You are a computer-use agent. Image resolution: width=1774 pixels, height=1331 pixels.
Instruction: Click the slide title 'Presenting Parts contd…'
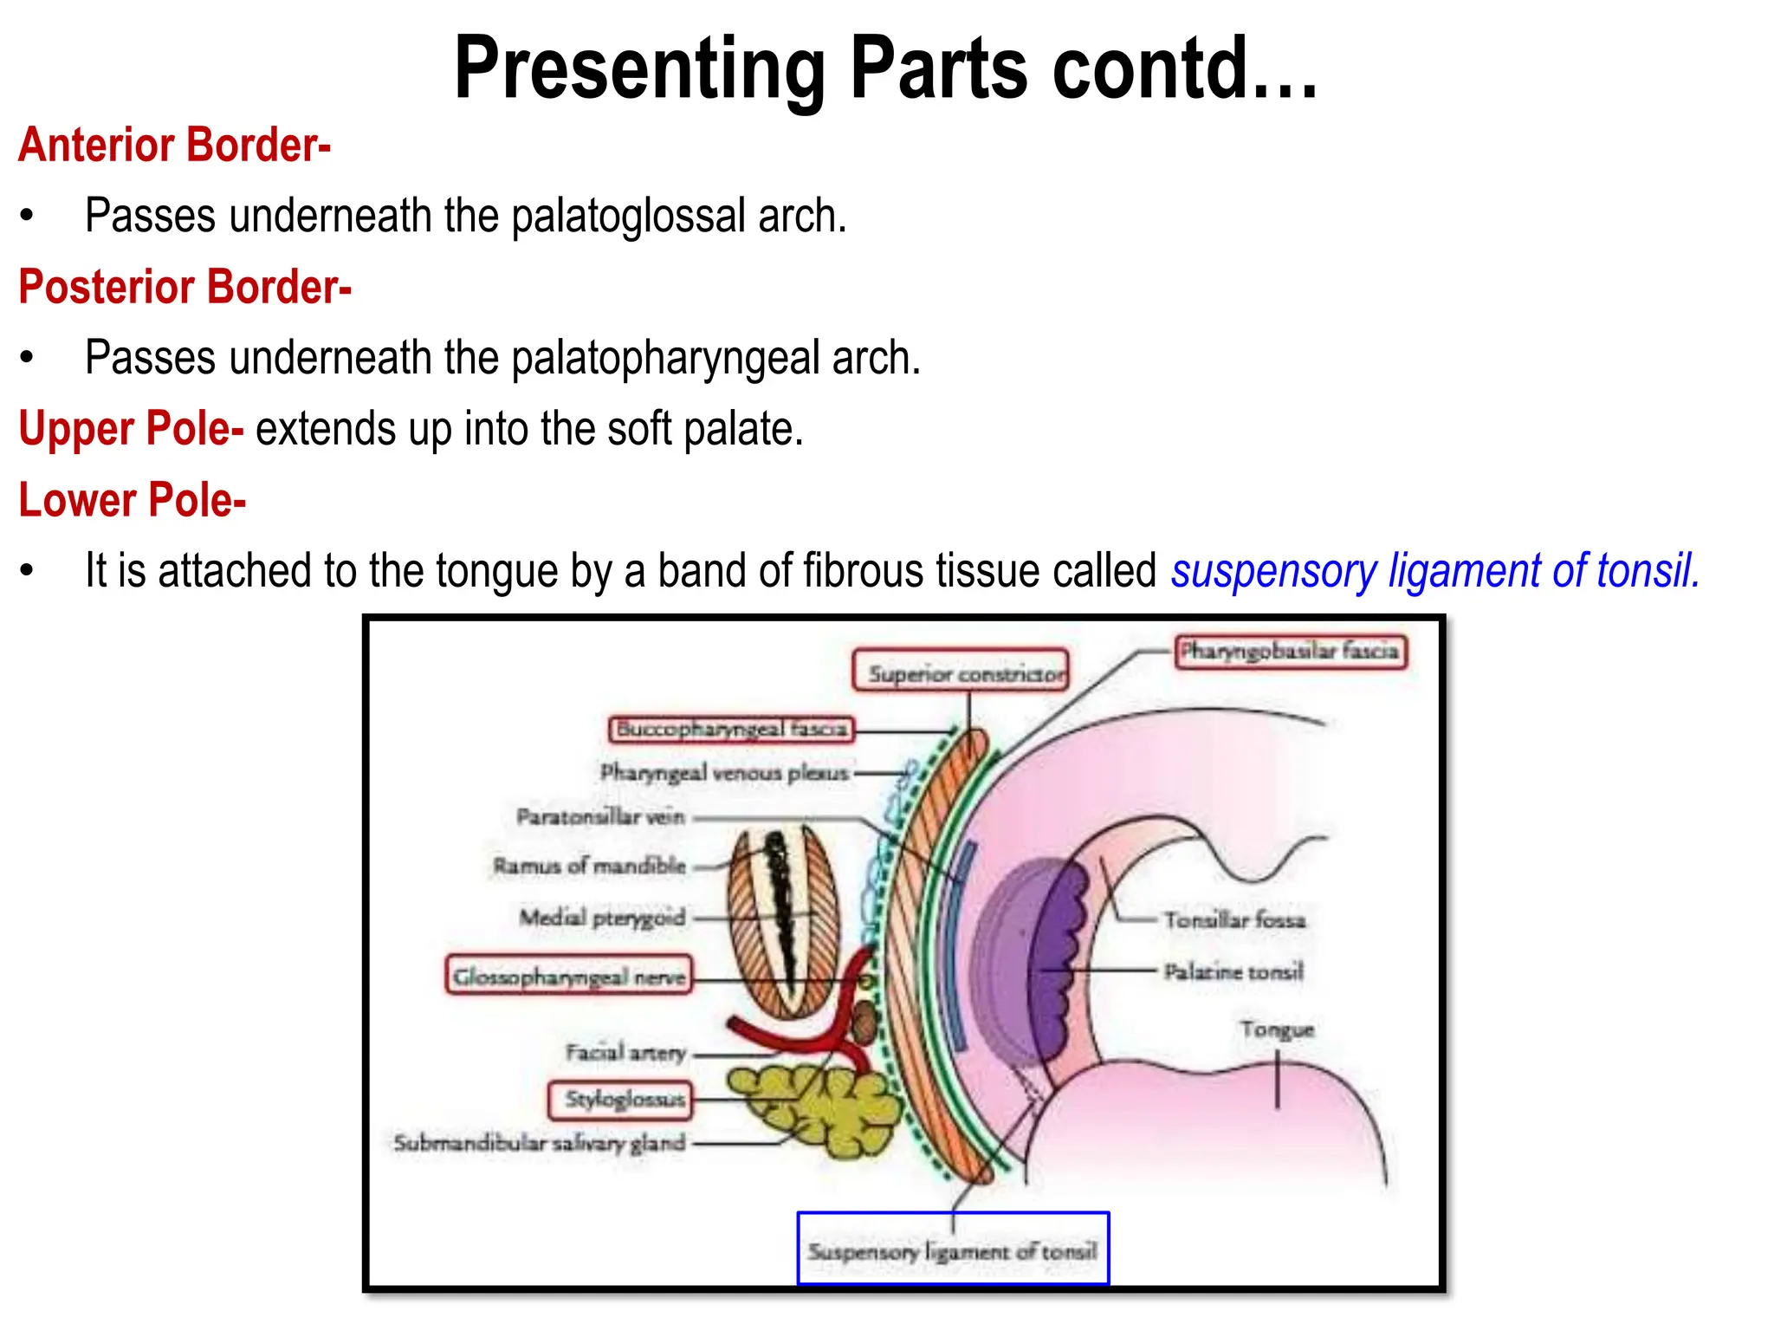885,69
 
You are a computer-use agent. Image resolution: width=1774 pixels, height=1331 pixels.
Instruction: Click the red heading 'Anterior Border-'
174,145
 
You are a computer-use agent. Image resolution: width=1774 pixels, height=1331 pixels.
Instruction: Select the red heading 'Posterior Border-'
185,287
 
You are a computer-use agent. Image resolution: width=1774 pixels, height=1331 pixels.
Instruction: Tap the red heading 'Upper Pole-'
131,429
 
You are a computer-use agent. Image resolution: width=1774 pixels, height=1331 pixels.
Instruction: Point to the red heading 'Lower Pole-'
133,500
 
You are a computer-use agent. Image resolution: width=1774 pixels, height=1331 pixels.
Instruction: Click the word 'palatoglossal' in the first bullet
627,216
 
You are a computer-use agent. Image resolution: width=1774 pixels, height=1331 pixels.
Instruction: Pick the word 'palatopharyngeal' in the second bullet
664,358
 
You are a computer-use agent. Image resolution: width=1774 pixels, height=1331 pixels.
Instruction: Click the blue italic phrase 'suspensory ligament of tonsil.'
1435,571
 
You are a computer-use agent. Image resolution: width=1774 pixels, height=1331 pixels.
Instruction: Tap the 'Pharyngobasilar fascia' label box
1291,651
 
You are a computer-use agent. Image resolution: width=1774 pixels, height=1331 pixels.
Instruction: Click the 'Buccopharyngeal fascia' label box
731,729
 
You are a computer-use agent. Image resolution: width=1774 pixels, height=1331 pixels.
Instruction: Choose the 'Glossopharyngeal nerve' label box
569,977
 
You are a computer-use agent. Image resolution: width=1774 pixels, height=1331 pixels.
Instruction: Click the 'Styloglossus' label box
621,1100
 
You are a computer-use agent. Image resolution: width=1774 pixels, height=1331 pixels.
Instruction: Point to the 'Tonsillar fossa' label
1233,919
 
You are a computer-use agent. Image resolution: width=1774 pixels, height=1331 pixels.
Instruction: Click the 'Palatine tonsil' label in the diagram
1233,971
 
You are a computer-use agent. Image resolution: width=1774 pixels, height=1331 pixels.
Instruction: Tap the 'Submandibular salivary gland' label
539,1143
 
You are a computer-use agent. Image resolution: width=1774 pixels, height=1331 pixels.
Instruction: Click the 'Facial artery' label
625,1053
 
